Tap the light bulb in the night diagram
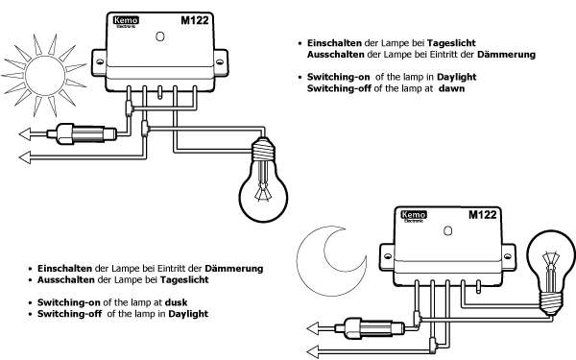pos(551,271)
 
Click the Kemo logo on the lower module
pos(414,216)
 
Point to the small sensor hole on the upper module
pos(160,37)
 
